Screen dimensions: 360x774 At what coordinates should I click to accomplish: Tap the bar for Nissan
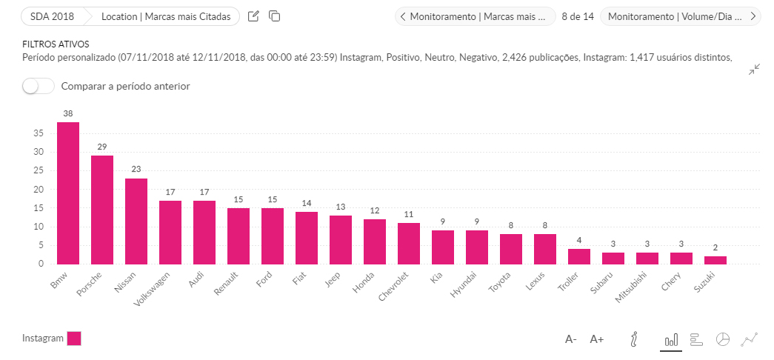[x=136, y=221]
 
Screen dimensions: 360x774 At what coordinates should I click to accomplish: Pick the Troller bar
[x=579, y=256]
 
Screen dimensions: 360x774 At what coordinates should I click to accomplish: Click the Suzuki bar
[x=715, y=260]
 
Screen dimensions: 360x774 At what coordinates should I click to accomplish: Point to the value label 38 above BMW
[x=68, y=114]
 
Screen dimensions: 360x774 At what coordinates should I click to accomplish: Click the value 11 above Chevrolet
[x=409, y=215]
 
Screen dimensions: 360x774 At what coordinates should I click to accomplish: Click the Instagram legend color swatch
[x=74, y=339]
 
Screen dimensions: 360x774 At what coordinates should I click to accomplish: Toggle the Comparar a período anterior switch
[x=39, y=86]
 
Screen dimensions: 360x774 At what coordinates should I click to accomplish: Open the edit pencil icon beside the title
[x=253, y=16]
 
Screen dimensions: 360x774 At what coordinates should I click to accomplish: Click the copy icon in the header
[x=274, y=16]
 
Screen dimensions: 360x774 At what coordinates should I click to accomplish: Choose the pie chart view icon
[x=723, y=339]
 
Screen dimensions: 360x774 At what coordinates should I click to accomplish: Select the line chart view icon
[x=750, y=339]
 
